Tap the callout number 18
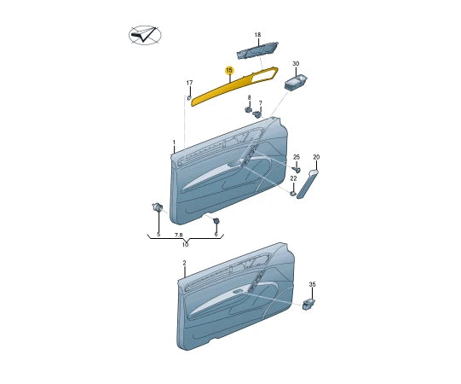click(257, 35)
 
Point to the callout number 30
click(296, 64)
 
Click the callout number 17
click(189, 83)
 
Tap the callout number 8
click(249, 98)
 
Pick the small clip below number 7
click(257, 113)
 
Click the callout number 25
click(297, 158)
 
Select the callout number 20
click(315, 157)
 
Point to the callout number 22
click(293, 178)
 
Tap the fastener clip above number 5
click(158, 207)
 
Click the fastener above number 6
click(216, 221)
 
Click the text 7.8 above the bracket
click(179, 234)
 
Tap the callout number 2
click(183, 264)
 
